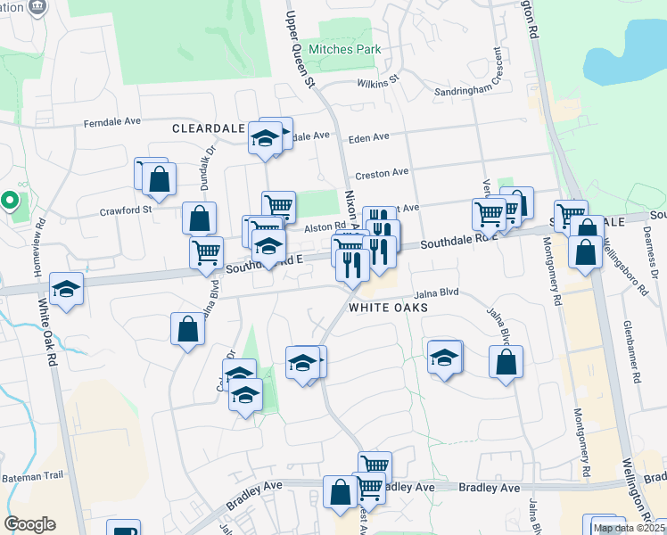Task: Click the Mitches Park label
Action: pyautogui.click(x=344, y=50)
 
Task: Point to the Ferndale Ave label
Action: pyautogui.click(x=112, y=122)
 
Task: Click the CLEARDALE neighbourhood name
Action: pyautogui.click(x=208, y=128)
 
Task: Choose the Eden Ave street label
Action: pyautogui.click(x=369, y=137)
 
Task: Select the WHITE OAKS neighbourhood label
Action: pyautogui.click(x=389, y=308)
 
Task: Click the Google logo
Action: pyautogui.click(x=29, y=524)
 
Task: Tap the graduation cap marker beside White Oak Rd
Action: pyautogui.click(x=66, y=289)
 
